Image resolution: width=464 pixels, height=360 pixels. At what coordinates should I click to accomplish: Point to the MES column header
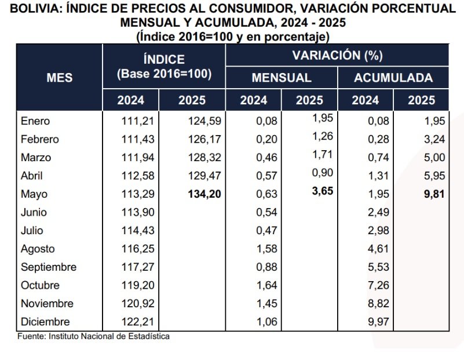coord(59,77)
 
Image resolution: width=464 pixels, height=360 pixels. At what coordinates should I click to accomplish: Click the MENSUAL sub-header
coord(281,78)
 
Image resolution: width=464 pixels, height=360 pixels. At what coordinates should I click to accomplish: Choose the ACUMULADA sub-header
coord(393,78)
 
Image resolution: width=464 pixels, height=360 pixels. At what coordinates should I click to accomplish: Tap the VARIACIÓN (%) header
coord(337,56)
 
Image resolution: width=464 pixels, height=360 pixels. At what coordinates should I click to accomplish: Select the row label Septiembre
coord(49,267)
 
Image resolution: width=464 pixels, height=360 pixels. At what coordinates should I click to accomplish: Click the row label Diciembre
coord(45,322)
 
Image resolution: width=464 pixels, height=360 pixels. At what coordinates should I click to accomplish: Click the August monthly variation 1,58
coord(267,249)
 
